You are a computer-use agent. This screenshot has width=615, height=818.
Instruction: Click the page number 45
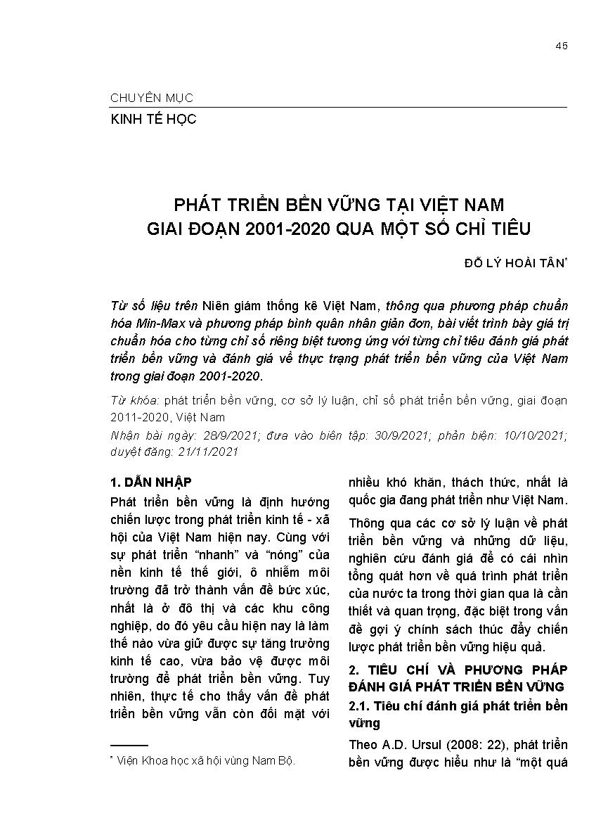(x=561, y=46)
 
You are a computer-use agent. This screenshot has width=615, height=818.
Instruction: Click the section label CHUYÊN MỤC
(x=152, y=98)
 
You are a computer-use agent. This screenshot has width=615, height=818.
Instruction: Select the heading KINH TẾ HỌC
(x=153, y=119)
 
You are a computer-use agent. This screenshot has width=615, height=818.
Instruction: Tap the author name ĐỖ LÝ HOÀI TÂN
(x=514, y=263)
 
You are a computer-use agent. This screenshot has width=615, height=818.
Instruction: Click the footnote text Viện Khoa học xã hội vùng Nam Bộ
(x=207, y=761)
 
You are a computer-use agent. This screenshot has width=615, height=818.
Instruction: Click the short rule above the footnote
(x=129, y=745)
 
